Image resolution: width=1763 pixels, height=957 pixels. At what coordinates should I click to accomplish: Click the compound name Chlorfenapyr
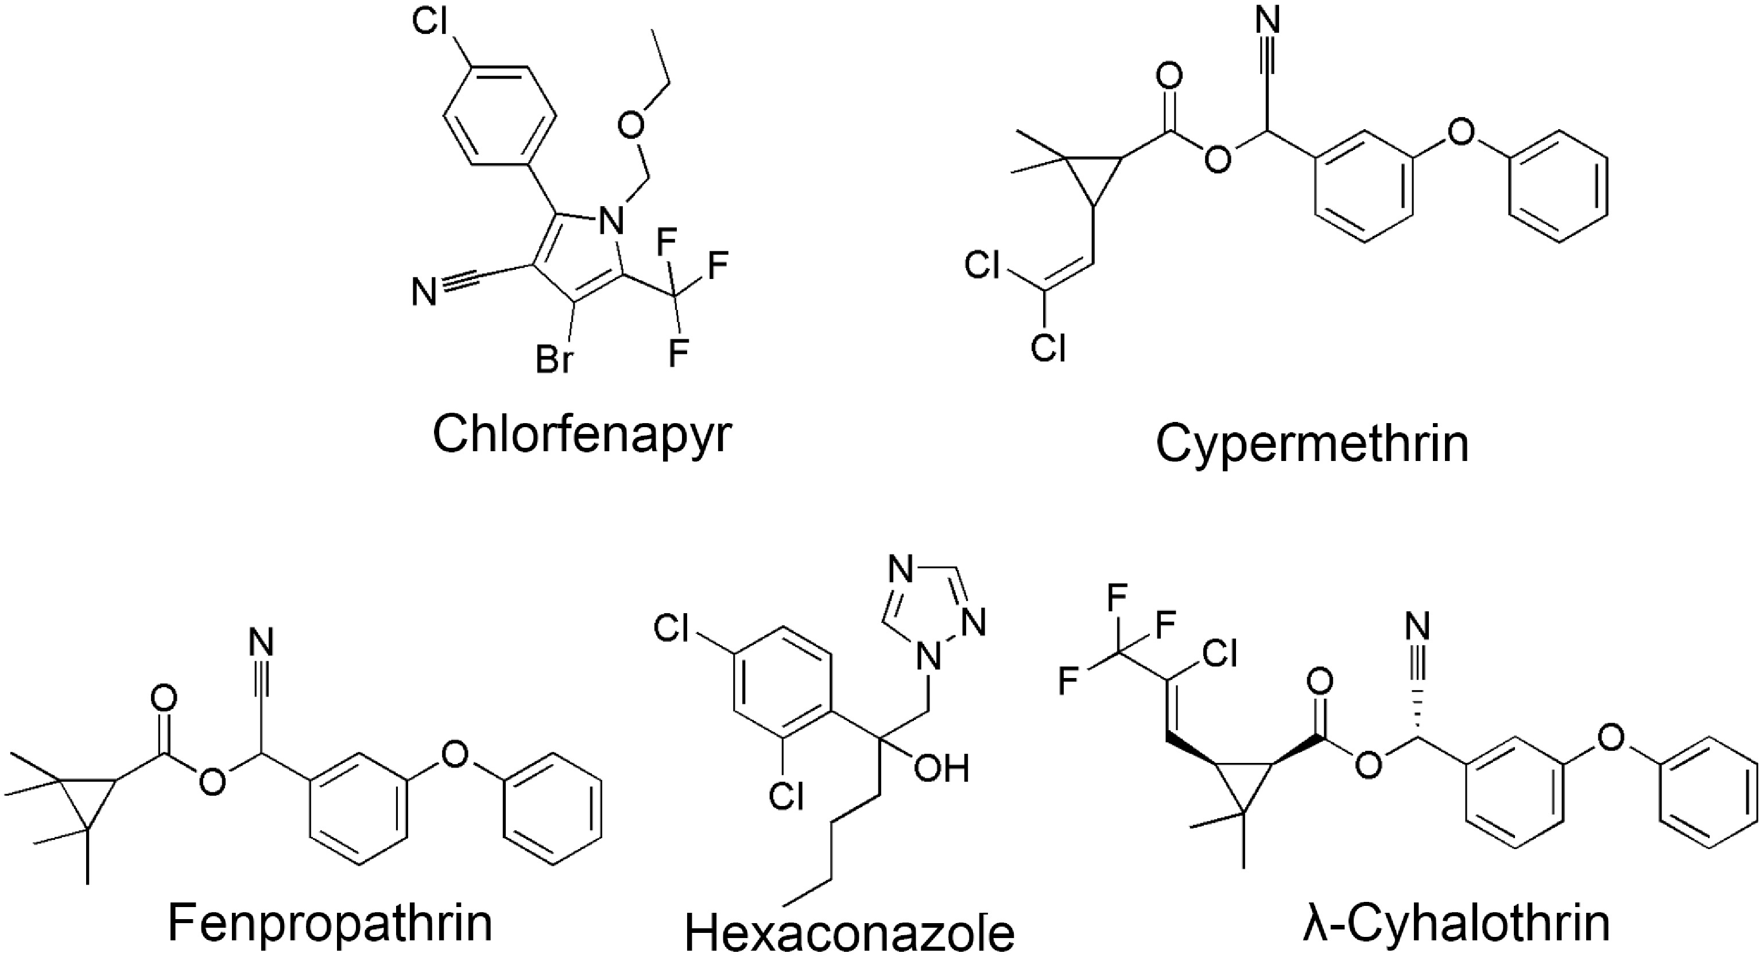coord(582,435)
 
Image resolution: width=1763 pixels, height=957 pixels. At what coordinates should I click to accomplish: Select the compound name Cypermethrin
coord(1312,444)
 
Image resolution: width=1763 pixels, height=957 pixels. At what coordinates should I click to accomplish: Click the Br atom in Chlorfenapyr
coord(553,359)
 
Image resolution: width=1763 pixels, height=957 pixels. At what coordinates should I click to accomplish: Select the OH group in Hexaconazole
coord(941,768)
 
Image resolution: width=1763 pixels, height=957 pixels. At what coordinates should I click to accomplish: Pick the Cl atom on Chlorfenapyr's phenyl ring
coord(431,22)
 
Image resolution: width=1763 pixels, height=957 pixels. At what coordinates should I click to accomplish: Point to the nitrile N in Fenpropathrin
coord(260,644)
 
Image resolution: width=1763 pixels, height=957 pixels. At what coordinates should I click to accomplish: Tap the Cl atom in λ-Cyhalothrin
coord(1218,654)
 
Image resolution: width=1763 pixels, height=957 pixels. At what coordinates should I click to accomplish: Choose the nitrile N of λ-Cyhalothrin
coord(1417,625)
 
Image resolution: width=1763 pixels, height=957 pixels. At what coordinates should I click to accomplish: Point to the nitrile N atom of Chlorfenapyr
coord(424,293)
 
